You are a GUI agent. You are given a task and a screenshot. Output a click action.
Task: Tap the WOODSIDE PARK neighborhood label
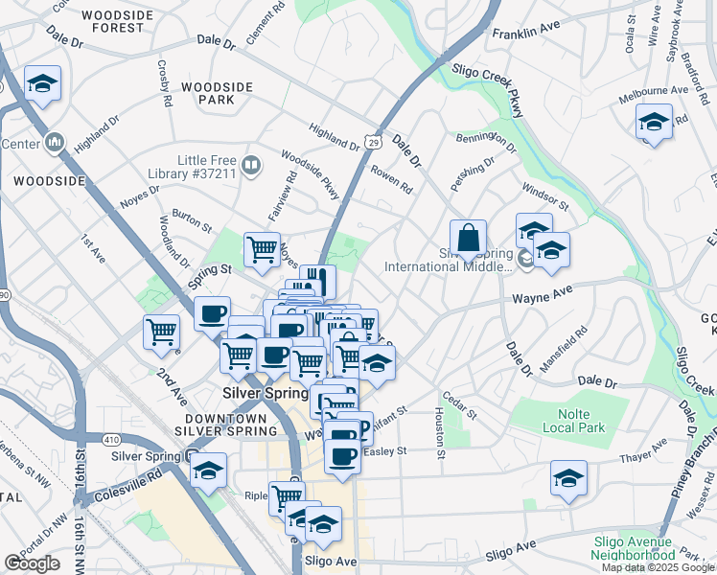(216, 93)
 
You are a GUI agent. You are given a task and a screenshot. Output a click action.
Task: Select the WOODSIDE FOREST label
(126, 21)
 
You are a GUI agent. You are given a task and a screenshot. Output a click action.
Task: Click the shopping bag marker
(468, 239)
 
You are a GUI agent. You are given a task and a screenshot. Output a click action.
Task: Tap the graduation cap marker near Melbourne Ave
(654, 123)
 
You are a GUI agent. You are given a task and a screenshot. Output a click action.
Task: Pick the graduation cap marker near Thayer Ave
(568, 479)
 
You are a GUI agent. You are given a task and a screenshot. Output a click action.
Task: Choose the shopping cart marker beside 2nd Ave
(161, 333)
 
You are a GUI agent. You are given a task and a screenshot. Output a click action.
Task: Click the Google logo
(32, 563)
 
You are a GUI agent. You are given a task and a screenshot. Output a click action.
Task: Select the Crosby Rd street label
(164, 83)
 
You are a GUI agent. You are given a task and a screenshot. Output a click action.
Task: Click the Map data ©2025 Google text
(658, 567)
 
